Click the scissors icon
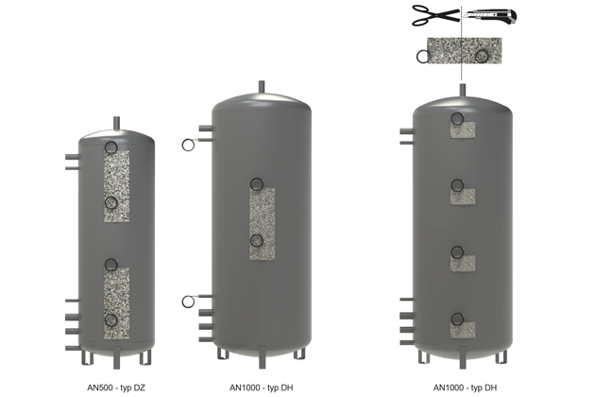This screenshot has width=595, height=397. pyautogui.click(x=435, y=15)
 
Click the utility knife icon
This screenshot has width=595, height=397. pyautogui.click(x=490, y=16)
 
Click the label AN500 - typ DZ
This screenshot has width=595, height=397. pyautogui.click(x=116, y=388)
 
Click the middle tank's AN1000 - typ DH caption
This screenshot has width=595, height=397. pyautogui.click(x=261, y=388)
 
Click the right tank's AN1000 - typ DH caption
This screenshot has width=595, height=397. pyautogui.click(x=465, y=388)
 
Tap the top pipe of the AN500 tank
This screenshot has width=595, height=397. pyautogui.click(x=117, y=123)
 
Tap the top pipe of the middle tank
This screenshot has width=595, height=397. pyautogui.click(x=262, y=87)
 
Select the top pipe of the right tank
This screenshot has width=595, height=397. pyautogui.click(x=462, y=91)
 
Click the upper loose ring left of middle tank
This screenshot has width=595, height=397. pyautogui.click(x=188, y=145)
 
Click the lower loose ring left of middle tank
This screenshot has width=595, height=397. pyautogui.click(x=188, y=302)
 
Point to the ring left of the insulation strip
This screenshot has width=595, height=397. pyautogui.click(x=423, y=57)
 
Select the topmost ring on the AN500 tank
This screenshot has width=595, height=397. pyautogui.click(x=111, y=147)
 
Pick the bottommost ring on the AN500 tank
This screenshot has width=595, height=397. pyautogui.click(x=111, y=320)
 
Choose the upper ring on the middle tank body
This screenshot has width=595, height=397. pyautogui.click(x=257, y=184)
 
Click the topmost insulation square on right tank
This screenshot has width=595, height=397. pyautogui.click(x=463, y=129)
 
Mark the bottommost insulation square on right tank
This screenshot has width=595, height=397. pyautogui.click(x=463, y=330)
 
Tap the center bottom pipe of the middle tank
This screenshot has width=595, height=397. pyautogui.click(x=262, y=357)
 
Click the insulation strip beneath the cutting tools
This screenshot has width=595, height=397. pyautogui.click(x=465, y=50)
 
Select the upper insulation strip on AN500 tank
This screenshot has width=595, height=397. pyautogui.click(x=117, y=186)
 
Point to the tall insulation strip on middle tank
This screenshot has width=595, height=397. pyautogui.click(x=263, y=224)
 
